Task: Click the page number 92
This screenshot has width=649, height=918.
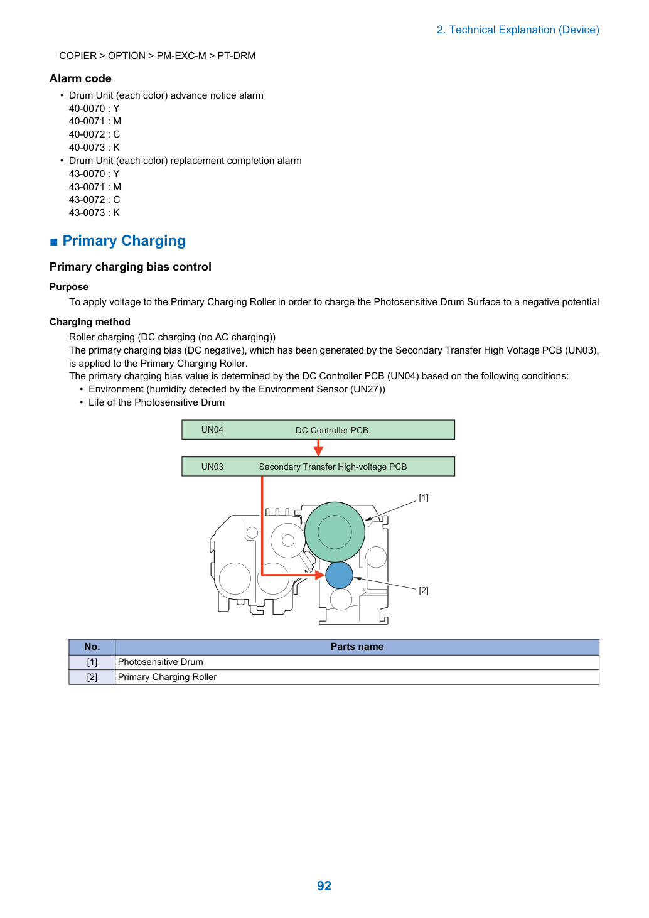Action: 324,885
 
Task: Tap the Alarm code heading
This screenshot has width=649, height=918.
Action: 80,78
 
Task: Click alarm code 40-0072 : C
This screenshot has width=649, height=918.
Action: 94,134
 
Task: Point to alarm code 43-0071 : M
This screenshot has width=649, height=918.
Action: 95,187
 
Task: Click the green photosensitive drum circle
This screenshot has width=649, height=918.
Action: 335,532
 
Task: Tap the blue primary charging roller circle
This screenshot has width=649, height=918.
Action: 339,575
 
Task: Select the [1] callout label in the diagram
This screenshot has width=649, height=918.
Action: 424,497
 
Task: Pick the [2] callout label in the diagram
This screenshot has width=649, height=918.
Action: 424,591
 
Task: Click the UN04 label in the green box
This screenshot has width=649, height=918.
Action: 212,429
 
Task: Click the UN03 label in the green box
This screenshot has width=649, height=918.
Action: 212,467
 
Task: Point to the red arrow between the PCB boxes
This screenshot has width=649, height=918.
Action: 318,448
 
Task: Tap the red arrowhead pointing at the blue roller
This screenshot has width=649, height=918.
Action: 320,575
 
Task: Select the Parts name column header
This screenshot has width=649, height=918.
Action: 357,646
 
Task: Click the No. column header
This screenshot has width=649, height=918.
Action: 92,646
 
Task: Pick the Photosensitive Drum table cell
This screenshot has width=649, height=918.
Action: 160,661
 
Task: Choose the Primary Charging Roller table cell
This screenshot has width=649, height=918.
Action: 167,677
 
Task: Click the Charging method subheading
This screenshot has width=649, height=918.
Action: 90,321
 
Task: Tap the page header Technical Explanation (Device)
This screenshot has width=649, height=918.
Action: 518,30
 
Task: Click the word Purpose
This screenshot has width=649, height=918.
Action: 69,286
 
